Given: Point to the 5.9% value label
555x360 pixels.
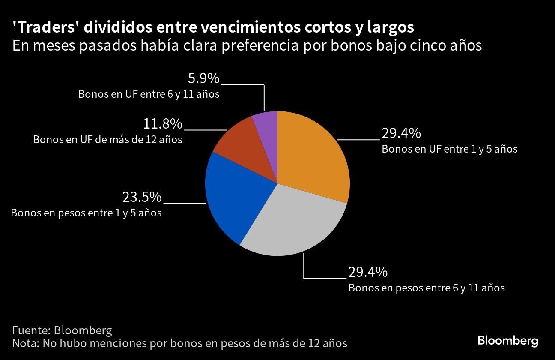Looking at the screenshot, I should pyautogui.click(x=204, y=79).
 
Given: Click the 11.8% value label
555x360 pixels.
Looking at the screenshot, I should pyautogui.click(x=163, y=124).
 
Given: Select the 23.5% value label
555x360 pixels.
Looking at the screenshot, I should pyautogui.click(x=142, y=197).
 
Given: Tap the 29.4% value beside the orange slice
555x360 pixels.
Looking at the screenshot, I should pyautogui.click(x=401, y=134).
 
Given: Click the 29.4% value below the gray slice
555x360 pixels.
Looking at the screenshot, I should pyautogui.click(x=368, y=272).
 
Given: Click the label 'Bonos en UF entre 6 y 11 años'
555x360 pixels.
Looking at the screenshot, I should pyautogui.click(x=149, y=94).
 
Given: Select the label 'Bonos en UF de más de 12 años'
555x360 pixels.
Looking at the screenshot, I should pyautogui.click(x=108, y=140).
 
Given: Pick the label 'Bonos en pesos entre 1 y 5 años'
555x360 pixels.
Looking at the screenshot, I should pyautogui.click(x=86, y=213).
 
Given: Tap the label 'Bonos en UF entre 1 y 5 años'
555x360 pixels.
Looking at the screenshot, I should pyautogui.click(x=450, y=149).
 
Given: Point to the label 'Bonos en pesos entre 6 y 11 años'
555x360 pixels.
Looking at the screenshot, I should pyautogui.click(x=427, y=288).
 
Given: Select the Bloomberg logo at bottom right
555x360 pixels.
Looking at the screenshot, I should pyautogui.click(x=508, y=341).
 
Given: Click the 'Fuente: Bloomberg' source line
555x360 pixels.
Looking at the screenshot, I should pyautogui.click(x=62, y=330).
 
